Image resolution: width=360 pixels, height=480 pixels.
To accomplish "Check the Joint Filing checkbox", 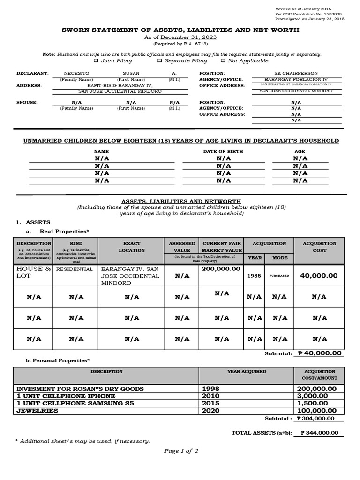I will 96,61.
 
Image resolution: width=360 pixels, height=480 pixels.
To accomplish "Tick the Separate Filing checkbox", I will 160,61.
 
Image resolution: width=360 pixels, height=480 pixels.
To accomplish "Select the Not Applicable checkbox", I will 223,61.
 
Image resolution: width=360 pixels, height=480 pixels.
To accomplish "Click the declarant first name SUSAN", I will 131,74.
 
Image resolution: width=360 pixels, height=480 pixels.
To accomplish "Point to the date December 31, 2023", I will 189,37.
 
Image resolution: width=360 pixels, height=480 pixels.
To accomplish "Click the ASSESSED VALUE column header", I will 182,247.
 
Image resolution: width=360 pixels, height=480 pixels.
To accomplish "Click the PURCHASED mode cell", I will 279,276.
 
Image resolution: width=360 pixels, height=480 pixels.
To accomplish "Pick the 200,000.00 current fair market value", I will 221,269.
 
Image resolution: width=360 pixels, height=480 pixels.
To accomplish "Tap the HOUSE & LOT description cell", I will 33,272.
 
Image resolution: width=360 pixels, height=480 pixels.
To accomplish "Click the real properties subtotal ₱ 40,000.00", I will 320,353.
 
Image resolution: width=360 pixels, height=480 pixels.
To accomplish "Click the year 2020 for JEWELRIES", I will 210,411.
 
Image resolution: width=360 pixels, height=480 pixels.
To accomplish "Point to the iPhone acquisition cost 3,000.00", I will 316,396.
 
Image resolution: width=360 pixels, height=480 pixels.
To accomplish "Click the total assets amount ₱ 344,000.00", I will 319,434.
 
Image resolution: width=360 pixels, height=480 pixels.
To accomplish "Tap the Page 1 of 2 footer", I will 181,451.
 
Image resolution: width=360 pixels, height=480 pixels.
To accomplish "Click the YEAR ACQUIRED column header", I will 247,371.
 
